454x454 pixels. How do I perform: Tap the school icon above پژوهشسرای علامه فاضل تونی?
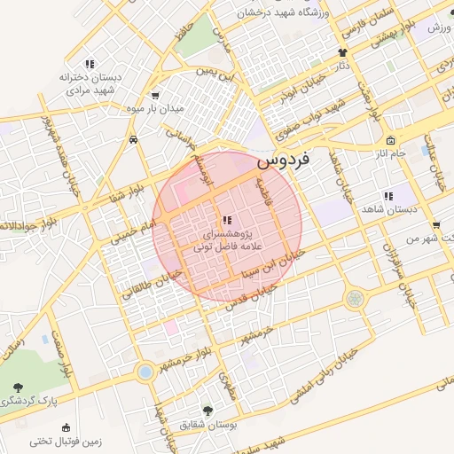click(227, 220)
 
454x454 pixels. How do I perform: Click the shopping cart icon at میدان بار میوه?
click(156, 96)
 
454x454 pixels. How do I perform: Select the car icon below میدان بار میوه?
click(132, 139)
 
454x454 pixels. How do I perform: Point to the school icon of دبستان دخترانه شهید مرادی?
click(89, 64)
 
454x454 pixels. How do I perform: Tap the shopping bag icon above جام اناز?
click(391, 141)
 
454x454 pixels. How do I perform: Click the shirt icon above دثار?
click(342, 52)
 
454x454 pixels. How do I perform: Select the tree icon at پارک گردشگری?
click(18, 387)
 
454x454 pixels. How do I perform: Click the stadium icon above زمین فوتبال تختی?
click(65, 427)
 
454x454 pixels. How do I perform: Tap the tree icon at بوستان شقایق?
click(207, 411)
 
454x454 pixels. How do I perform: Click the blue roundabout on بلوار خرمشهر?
click(145, 372)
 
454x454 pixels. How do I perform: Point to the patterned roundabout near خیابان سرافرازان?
click(355, 298)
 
